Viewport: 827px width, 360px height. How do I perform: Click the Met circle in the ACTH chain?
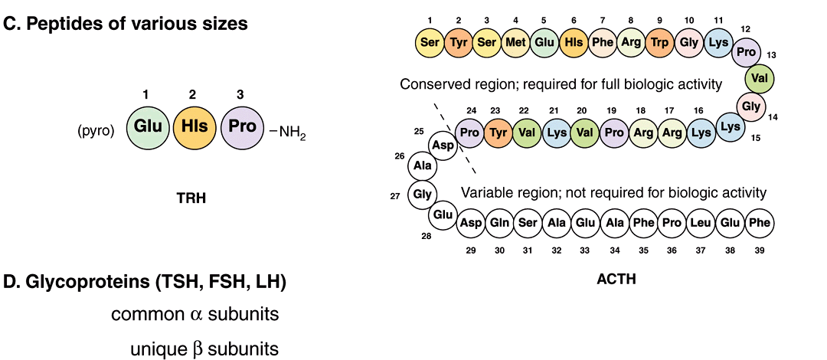click(516, 42)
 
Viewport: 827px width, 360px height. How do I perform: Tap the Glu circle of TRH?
click(145, 126)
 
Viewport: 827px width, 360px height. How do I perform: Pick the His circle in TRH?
click(194, 126)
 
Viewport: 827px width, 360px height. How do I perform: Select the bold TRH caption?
click(191, 198)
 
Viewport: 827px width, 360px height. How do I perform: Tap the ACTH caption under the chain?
click(616, 280)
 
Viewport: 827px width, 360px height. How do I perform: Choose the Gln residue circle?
click(500, 223)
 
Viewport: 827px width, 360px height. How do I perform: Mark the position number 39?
click(760, 250)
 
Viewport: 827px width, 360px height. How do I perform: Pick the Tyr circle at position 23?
click(499, 133)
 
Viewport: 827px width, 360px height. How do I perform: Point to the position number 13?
click(771, 55)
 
